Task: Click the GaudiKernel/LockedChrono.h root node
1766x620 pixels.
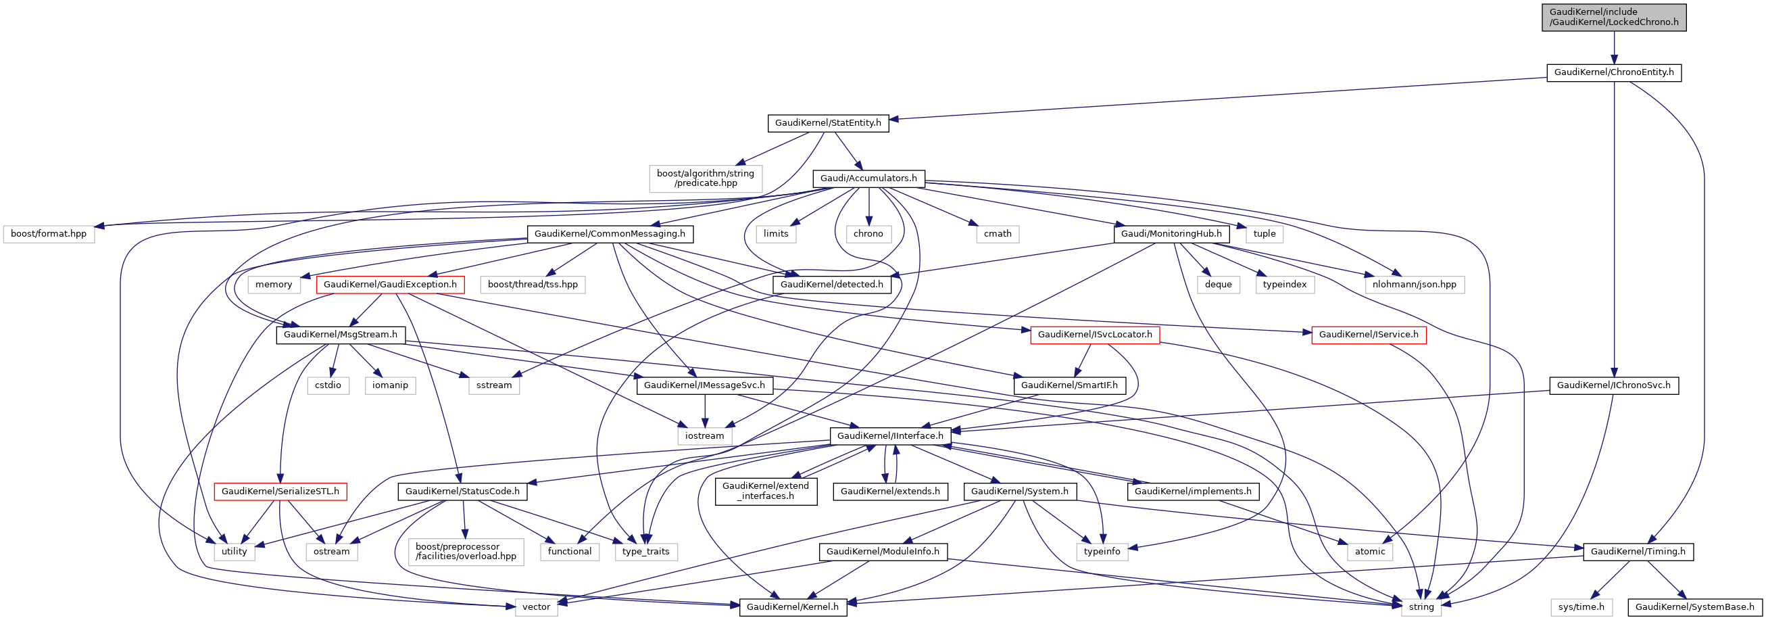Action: (x=1614, y=17)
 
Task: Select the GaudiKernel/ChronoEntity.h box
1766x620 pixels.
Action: (x=1614, y=72)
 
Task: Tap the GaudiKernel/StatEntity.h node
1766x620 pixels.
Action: (x=827, y=124)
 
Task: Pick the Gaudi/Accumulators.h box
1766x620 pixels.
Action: (x=868, y=178)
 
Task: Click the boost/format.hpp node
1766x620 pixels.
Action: (x=49, y=234)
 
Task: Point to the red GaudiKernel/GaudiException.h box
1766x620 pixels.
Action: (x=389, y=285)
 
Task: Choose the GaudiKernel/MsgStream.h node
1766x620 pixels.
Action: (x=340, y=335)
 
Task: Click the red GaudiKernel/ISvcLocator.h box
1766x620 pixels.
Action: (x=1095, y=335)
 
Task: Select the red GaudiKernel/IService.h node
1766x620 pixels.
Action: (x=1369, y=335)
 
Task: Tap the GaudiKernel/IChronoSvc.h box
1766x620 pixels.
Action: (x=1613, y=385)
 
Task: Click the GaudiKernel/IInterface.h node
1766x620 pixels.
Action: (x=890, y=436)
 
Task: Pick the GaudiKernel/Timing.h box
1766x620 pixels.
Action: (x=1638, y=552)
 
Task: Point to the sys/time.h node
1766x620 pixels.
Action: (x=1581, y=607)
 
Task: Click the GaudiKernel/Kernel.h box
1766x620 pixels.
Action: (x=793, y=607)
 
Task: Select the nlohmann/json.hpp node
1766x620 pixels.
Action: (x=1415, y=285)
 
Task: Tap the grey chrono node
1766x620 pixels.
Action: (x=868, y=234)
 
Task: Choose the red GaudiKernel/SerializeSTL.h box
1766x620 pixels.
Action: (x=280, y=492)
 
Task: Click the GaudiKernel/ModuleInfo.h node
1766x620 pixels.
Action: (x=882, y=552)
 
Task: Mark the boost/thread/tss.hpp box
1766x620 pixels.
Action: (x=533, y=285)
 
